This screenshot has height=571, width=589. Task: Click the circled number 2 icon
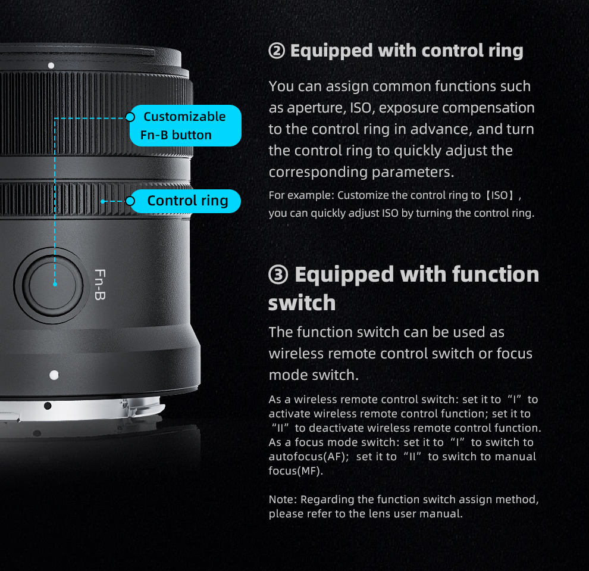[x=277, y=51]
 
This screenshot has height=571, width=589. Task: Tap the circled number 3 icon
[x=278, y=275]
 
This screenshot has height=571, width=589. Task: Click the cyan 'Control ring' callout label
[x=185, y=201]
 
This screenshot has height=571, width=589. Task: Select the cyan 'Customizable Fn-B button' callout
[x=185, y=126]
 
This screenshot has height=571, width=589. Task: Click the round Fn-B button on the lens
[x=52, y=285]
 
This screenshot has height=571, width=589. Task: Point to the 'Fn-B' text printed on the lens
[x=100, y=285]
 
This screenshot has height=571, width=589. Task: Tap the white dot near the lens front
[x=51, y=65]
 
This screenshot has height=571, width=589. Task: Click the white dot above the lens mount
[x=54, y=375]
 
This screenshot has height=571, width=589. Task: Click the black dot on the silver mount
[x=48, y=405]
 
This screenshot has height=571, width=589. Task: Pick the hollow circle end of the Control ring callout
[x=130, y=201]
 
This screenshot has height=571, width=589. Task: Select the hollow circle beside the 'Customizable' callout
[x=130, y=117]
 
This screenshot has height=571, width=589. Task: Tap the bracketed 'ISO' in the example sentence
[x=500, y=195]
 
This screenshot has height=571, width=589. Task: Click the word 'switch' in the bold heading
[x=302, y=303]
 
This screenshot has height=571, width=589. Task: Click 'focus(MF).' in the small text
[x=296, y=471]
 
